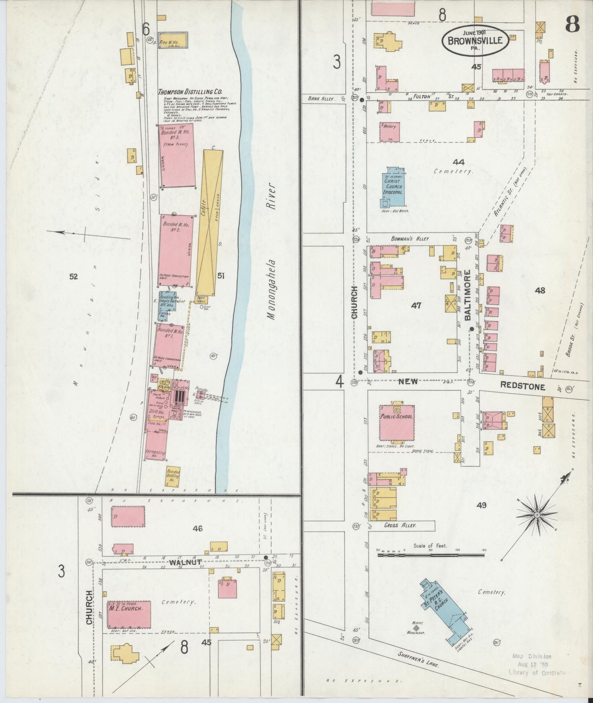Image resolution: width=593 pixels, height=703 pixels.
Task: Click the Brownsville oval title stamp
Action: click(x=475, y=40)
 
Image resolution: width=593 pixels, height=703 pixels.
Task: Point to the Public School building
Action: click(x=396, y=422)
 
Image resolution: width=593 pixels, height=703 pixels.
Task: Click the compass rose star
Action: click(x=537, y=515)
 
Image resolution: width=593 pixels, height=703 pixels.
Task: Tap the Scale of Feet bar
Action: click(x=430, y=556)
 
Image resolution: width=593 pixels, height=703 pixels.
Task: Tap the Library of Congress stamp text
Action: click(x=537, y=673)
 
